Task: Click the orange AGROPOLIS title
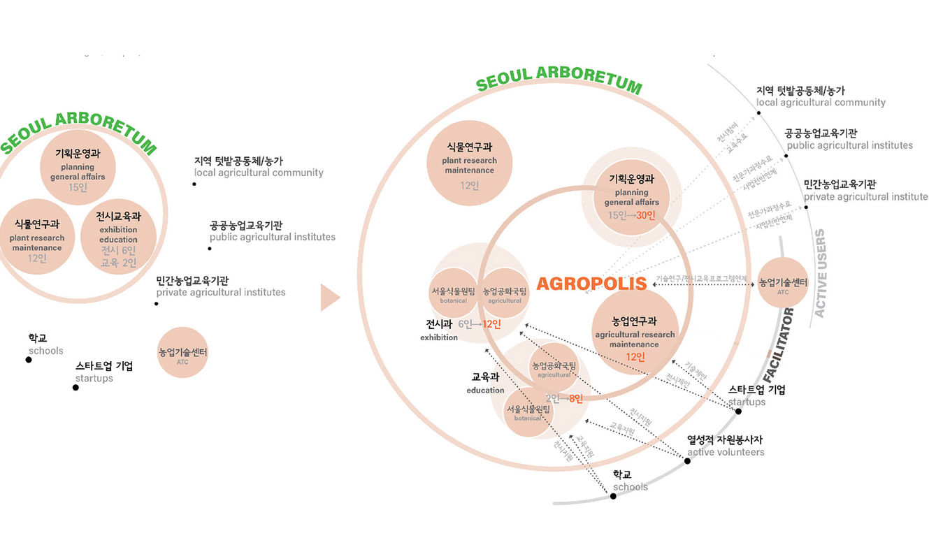[591, 284]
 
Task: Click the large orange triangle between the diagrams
[329, 298]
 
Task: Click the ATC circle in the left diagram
[183, 353]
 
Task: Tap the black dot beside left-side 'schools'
[29, 360]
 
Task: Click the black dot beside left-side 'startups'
[75, 387]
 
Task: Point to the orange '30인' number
[645, 215]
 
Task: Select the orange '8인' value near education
[575, 399]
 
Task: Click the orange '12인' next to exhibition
[492, 324]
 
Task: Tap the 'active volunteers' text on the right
[726, 452]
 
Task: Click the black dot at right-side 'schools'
[613, 496]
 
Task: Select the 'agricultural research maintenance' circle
[635, 333]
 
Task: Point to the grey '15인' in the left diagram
[78, 187]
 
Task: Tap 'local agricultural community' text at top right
[821, 103]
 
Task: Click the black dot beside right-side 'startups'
[738, 411]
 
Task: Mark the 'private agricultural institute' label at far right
[865, 197]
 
